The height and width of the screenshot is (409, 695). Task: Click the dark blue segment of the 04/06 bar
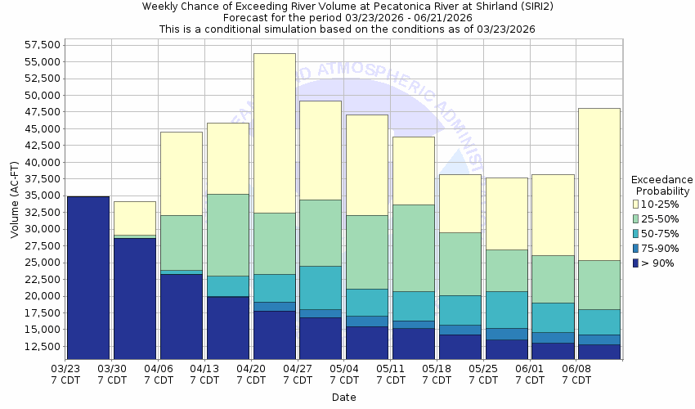182,316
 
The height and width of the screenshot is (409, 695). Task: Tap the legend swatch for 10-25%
637,204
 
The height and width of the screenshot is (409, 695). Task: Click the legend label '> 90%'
659,263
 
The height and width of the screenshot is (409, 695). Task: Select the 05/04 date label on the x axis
343,375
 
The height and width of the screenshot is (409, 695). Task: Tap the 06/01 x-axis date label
530,375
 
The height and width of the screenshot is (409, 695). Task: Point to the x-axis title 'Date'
343,398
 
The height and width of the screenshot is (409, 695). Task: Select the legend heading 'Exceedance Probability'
662,185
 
